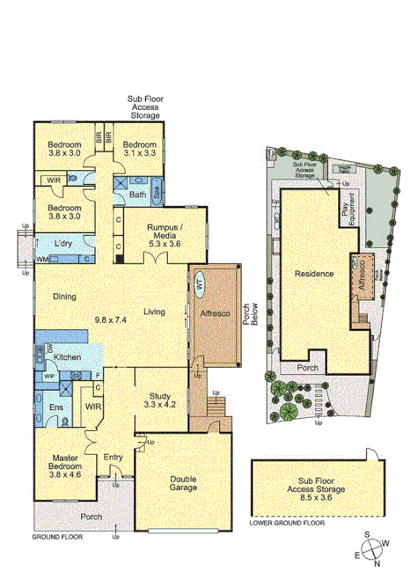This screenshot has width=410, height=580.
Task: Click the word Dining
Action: click(x=64, y=297)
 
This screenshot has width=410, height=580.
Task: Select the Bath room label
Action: click(x=137, y=195)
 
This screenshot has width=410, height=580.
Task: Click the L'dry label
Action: click(x=62, y=244)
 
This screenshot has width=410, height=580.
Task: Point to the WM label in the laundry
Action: click(x=41, y=260)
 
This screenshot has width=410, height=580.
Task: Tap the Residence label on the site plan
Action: click(x=312, y=274)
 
